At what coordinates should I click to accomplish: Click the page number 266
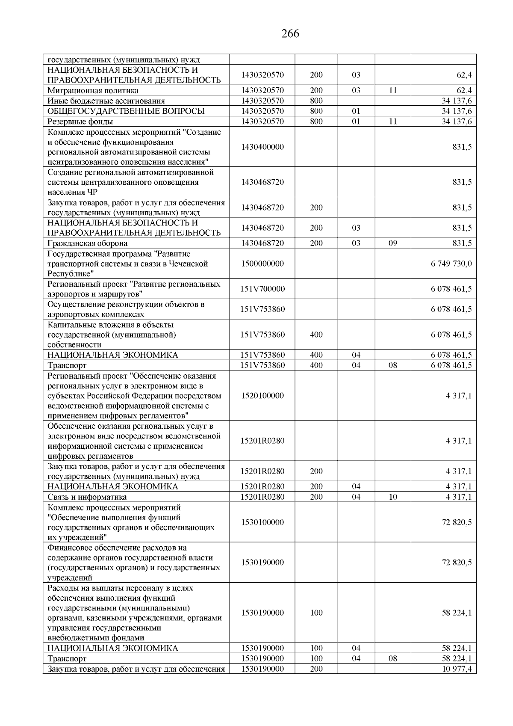290,33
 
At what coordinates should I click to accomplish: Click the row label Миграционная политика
93,91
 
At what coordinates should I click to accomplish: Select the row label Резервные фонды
80,121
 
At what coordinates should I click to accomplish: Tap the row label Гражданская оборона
87,243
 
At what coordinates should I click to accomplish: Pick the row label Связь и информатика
87,497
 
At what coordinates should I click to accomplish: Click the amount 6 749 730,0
451,264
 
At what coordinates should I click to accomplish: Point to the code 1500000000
262,264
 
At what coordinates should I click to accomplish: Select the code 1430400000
262,147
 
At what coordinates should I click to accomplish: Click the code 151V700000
262,289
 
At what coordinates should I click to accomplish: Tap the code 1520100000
262,396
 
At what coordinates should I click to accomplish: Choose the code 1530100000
262,522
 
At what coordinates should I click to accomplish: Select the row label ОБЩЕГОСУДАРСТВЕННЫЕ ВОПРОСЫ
126,111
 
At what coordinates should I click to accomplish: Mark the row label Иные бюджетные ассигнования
106,101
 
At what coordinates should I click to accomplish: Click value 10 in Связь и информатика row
393,497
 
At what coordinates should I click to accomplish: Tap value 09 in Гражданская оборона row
393,243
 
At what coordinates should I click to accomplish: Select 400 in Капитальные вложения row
316,335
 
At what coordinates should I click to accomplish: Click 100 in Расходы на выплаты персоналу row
316,613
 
